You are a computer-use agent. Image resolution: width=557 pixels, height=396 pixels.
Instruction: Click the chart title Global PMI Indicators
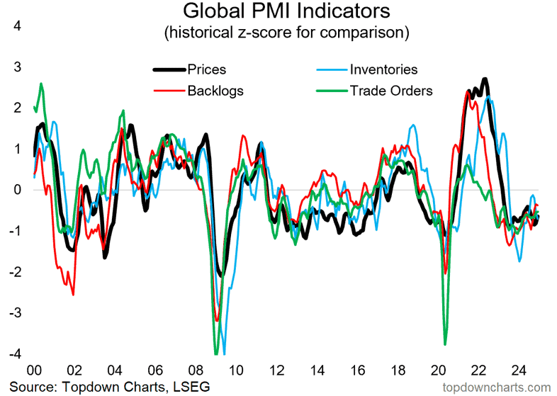click(278, 12)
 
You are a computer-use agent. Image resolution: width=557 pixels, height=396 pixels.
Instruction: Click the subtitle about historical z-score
click(278, 33)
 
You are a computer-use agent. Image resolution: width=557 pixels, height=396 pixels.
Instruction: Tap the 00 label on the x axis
click(33, 370)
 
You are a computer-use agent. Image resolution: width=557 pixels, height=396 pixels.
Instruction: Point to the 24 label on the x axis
click(518, 370)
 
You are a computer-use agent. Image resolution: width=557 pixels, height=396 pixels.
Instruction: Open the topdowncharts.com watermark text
click(496, 386)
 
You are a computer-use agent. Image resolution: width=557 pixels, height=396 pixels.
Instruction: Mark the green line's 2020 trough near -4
click(445, 344)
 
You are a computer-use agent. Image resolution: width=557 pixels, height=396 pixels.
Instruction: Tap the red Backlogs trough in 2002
click(73, 294)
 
